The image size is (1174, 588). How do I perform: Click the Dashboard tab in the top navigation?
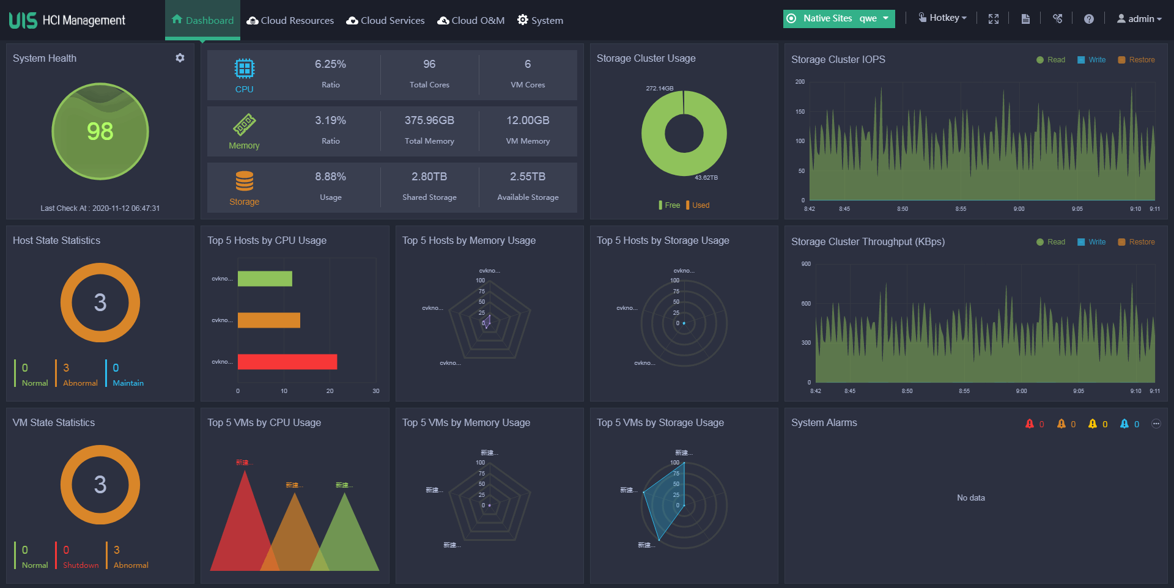point(202,20)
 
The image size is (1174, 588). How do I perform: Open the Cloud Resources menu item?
point(290,20)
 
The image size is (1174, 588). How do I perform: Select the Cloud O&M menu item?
point(471,20)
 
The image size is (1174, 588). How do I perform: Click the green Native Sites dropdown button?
point(838,18)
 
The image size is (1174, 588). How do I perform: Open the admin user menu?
point(1139,18)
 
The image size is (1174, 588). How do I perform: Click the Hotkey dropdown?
point(943,18)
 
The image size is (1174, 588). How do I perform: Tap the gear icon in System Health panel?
point(180,58)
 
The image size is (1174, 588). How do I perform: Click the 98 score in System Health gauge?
point(100,131)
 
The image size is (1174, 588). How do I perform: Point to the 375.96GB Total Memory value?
point(429,120)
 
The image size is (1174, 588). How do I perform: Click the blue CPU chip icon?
point(244,68)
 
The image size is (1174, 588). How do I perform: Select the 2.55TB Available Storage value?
point(528,177)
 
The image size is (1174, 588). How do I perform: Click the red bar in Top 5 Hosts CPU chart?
point(287,362)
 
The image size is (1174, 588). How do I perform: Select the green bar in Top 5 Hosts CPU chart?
point(265,279)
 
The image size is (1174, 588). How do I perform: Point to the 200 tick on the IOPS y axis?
point(800,81)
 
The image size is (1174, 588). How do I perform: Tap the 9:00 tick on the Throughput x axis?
point(1021,391)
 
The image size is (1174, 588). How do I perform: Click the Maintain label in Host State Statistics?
point(128,383)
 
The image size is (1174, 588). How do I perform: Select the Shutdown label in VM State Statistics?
point(81,565)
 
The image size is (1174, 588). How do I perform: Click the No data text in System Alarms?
point(970,498)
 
